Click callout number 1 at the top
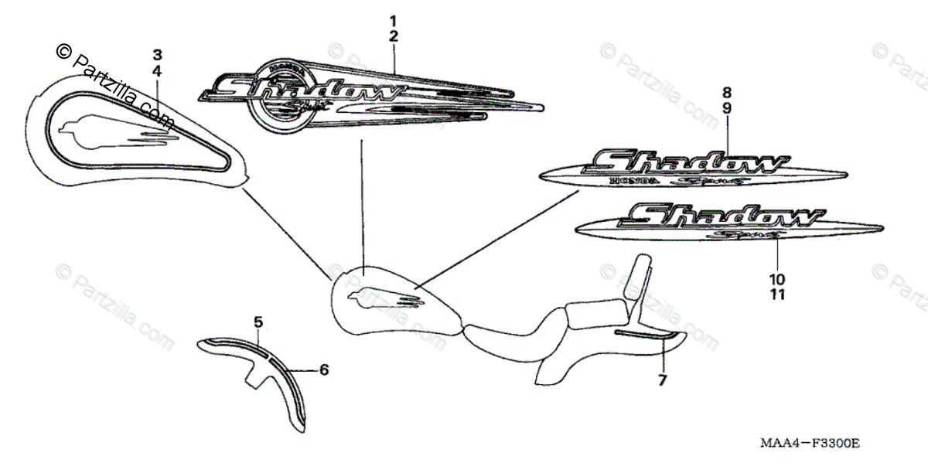[394, 19]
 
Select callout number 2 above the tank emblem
[394, 36]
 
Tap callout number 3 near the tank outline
[157, 54]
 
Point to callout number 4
[157, 70]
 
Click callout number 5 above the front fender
[258, 320]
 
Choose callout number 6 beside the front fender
[324, 370]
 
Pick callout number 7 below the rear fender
[663, 380]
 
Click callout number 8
[727, 91]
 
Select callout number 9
[727, 108]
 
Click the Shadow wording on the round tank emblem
[305, 87]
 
